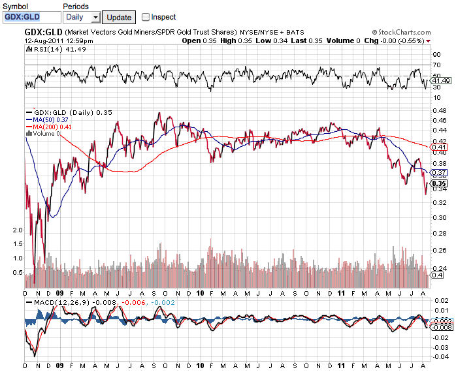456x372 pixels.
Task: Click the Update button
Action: [x=118, y=17]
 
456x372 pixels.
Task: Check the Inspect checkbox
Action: [x=146, y=17]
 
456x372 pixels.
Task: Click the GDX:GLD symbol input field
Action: [x=29, y=17]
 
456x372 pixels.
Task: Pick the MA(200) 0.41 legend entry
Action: [x=50, y=127]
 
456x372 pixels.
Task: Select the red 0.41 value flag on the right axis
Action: [x=439, y=147]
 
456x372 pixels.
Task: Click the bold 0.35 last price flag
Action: [x=438, y=183]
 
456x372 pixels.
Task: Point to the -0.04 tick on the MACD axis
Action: [x=440, y=356]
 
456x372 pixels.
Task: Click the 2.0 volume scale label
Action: [x=18, y=230]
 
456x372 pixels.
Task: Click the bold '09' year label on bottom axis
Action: [x=60, y=367]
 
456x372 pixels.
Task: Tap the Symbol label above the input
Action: [x=15, y=6]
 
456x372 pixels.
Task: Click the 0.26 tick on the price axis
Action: [x=439, y=250]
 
